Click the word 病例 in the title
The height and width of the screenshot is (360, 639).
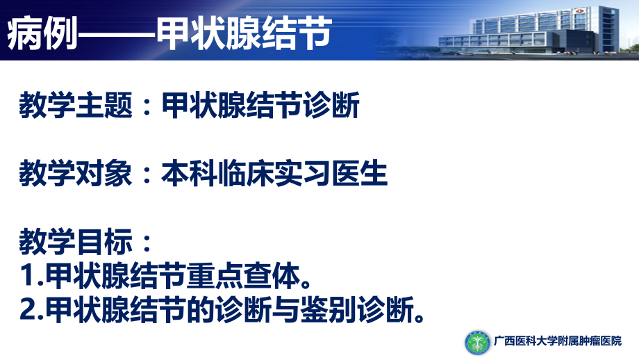[x=39, y=33]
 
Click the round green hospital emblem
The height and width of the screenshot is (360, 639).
[x=477, y=341]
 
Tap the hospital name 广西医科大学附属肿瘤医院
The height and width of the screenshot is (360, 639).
[x=558, y=342]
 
